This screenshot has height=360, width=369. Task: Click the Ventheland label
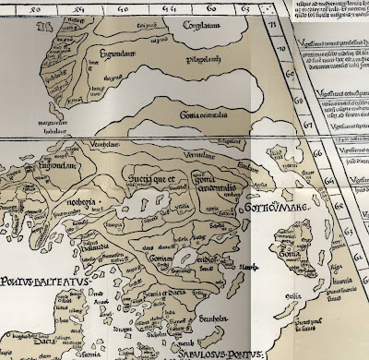84,147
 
